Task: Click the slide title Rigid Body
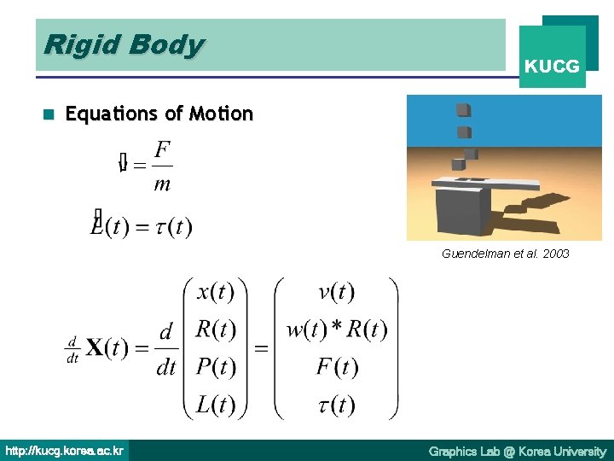point(124,44)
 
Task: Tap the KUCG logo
point(552,65)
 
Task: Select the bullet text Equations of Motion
point(159,114)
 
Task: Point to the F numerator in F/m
point(162,149)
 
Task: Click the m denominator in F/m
point(162,184)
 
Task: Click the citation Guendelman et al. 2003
point(506,254)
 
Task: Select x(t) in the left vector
point(216,292)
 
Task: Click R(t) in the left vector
point(216,329)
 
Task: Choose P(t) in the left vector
point(216,366)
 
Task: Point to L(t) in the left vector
point(216,403)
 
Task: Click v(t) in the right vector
point(336,292)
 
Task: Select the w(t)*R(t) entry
point(336,329)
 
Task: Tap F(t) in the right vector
point(336,366)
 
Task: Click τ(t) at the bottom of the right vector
point(336,403)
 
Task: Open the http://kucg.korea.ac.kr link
point(65,450)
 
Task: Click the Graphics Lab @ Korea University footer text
point(517,451)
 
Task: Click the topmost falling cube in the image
point(463,109)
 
